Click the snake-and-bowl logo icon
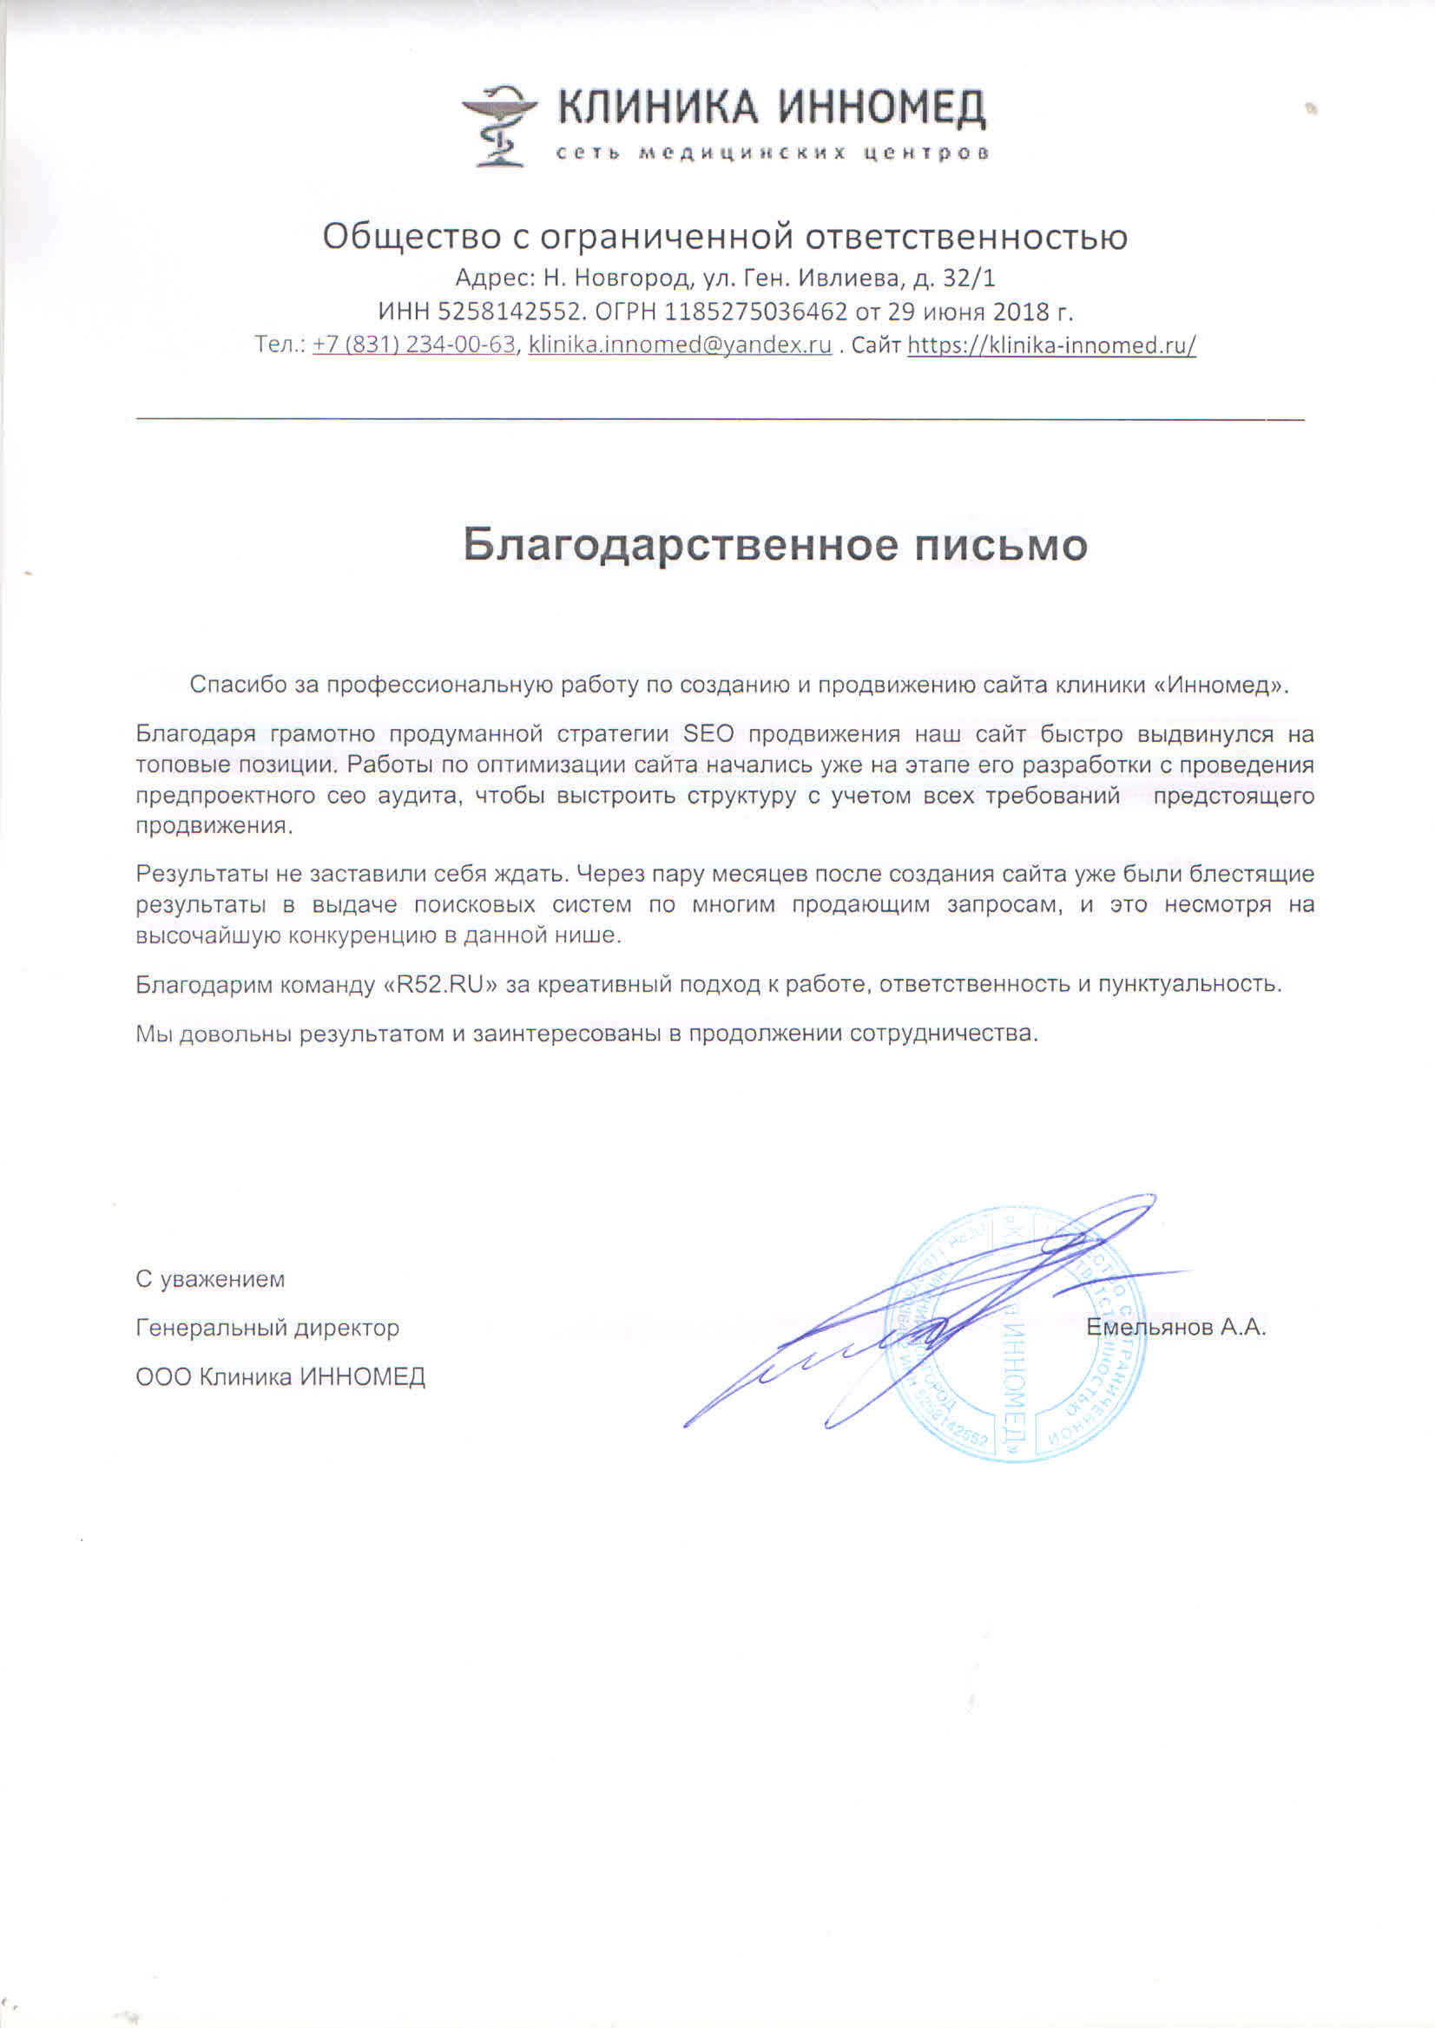498,125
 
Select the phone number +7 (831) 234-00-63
413,345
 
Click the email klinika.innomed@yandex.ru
680,345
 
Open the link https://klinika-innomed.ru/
1051,345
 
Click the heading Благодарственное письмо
775,545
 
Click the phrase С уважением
210,1280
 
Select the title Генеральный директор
267,1328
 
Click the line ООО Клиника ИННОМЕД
280,1377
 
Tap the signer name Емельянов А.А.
1176,1327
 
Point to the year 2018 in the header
1020,312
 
